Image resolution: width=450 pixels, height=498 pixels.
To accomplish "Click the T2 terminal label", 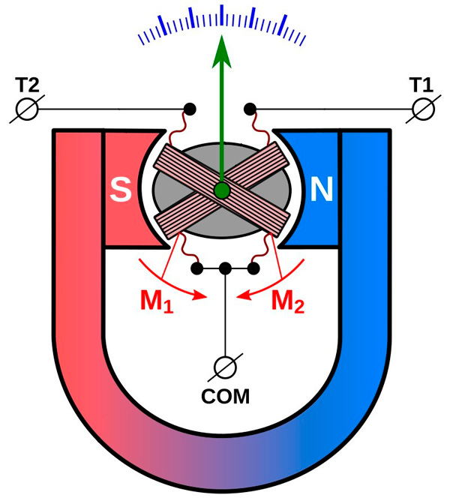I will pos(29,82).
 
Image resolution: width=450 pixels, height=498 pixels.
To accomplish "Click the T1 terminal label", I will pos(421,82).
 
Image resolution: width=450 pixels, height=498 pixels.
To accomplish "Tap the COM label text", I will pos(225,396).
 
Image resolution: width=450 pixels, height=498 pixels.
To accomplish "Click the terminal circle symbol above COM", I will pos(225,367).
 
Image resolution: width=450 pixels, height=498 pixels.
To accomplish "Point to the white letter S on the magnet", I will pos(120,190).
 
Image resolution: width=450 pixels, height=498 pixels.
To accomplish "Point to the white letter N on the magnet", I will pos(322,190).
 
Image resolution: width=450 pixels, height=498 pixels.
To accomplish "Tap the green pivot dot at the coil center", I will pos(222,190).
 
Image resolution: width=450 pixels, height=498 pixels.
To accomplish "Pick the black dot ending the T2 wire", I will pos(190,109).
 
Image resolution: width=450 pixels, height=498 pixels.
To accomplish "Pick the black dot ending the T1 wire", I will pos(251,109).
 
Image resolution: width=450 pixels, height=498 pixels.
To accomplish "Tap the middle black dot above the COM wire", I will pos(225,268).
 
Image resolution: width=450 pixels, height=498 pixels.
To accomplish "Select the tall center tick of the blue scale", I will pos(222,15).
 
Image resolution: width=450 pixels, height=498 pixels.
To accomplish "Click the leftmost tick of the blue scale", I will pos(139,38).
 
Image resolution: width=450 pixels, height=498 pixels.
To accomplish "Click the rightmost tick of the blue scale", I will pos(305,38).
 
